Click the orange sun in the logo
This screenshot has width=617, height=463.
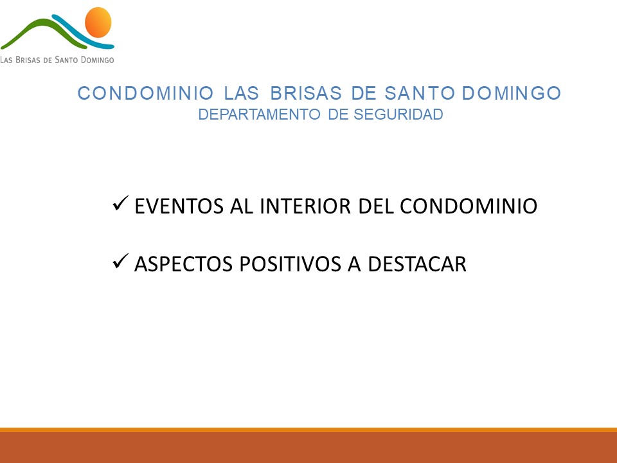tap(98, 22)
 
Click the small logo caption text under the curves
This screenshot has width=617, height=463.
tap(57, 60)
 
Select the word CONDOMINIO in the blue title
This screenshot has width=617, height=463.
tap(146, 93)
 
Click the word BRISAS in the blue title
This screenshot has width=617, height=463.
tap(306, 93)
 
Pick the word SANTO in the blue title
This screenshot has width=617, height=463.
tap(420, 93)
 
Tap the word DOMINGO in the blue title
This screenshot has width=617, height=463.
tap(511, 93)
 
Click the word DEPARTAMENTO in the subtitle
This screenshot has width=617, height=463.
tap(259, 114)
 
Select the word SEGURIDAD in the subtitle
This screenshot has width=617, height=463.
tap(398, 114)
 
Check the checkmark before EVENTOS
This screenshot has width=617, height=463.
tap(120, 203)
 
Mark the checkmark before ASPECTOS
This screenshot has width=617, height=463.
tap(120, 261)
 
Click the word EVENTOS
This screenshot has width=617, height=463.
tap(179, 206)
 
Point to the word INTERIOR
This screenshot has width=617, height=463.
tap(305, 206)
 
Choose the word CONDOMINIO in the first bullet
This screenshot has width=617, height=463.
tap(469, 206)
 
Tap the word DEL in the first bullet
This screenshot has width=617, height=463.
tap(376, 206)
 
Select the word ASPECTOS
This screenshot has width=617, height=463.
tap(183, 264)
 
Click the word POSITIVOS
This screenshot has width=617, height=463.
tap(290, 264)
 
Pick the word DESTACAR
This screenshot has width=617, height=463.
tap(417, 264)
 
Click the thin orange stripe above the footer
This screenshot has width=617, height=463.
tap(308, 430)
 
